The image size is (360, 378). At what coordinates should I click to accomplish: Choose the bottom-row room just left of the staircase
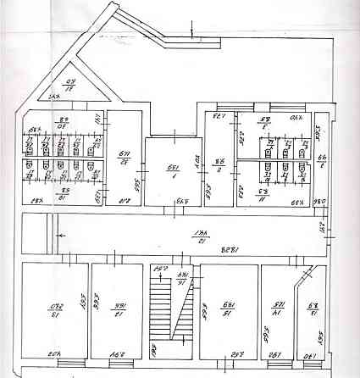coord(116,310)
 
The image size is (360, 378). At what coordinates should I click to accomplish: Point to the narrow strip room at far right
coord(323,161)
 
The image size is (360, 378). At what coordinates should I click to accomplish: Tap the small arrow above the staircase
coord(158,270)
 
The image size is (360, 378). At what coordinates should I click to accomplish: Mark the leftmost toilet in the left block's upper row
coord(33,143)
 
